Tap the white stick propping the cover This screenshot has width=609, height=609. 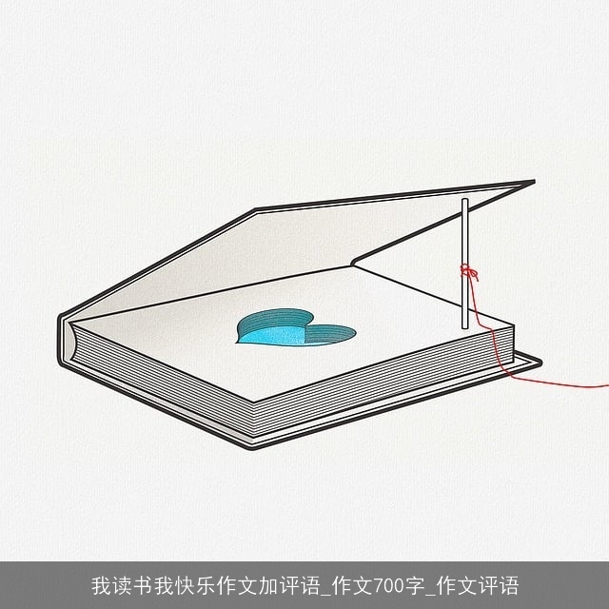click(x=465, y=264)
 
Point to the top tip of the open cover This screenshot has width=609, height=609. click(x=534, y=182)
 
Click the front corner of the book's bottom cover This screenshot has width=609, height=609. click(x=253, y=448)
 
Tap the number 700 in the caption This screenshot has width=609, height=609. click(x=391, y=586)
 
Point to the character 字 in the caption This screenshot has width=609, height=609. click(x=416, y=586)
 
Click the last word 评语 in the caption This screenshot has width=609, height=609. click(x=499, y=586)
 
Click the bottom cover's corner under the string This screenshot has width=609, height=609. click(x=540, y=363)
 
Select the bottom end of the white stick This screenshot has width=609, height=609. click(x=465, y=328)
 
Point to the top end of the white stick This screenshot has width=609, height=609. click(x=465, y=199)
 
